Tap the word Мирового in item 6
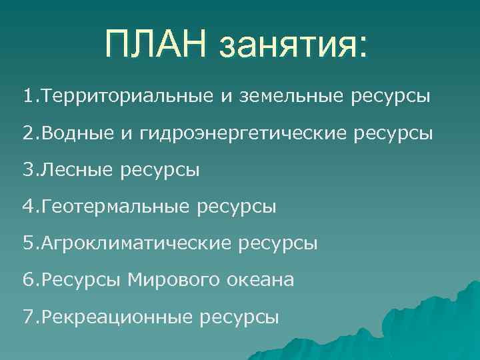[171, 281]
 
